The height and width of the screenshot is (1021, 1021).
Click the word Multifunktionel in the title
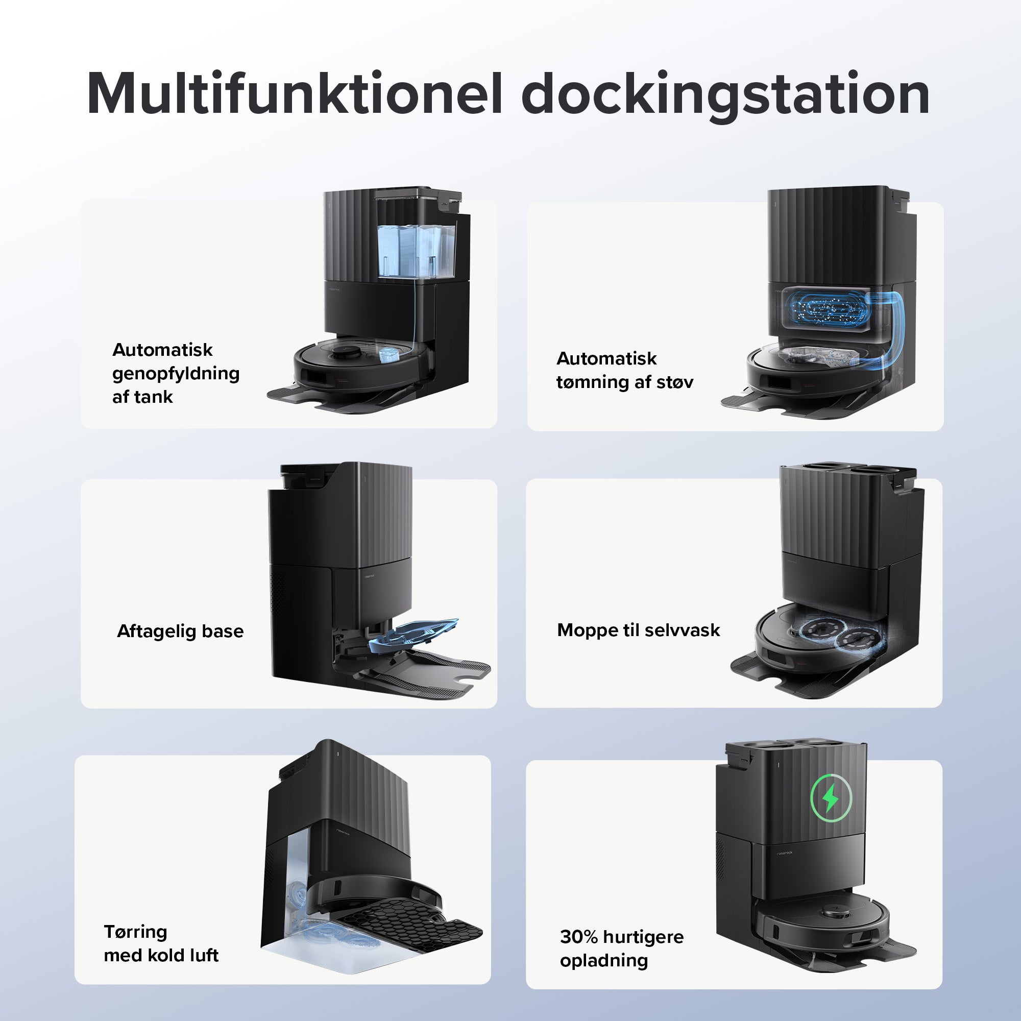pos(294,93)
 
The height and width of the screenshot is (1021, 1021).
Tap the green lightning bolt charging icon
pos(831,797)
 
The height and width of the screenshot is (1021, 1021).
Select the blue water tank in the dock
pos(417,251)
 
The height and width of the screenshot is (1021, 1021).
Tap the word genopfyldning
pos(176,374)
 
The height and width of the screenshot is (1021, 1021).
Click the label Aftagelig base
pos(180,631)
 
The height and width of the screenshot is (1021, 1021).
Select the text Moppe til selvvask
pos(639,630)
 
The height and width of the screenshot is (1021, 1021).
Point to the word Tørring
pos(135,932)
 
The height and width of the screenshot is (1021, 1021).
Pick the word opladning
pos(604,960)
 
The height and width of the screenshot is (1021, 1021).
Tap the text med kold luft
pos(161,955)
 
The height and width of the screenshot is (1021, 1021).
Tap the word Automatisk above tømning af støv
pos(606,358)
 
